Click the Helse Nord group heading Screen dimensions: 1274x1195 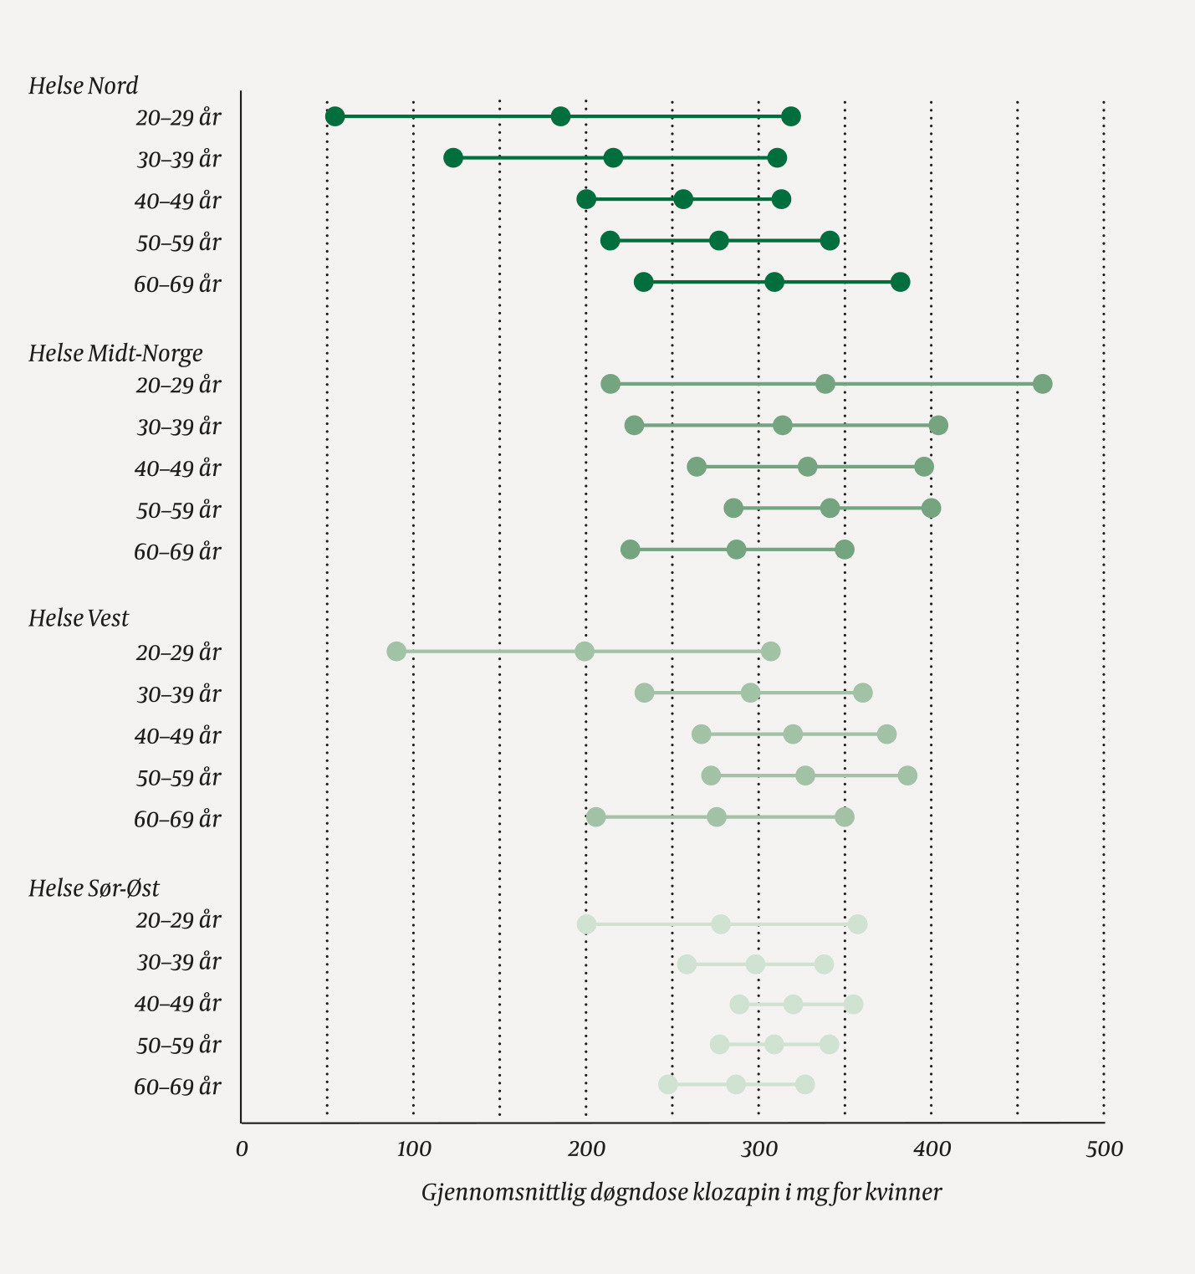click(x=83, y=86)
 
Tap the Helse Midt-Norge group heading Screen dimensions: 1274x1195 click(x=115, y=354)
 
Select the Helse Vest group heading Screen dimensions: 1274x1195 click(x=79, y=619)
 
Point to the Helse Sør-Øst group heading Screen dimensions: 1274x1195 click(x=94, y=888)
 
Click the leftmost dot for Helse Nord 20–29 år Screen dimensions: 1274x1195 click(x=334, y=116)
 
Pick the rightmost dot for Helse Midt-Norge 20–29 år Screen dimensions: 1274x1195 click(x=1042, y=384)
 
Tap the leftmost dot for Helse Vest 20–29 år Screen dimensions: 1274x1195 click(x=396, y=652)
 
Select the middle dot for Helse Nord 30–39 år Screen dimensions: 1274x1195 click(x=613, y=158)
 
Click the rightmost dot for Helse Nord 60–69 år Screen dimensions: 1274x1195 click(x=900, y=282)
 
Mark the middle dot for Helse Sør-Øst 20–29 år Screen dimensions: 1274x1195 click(x=721, y=924)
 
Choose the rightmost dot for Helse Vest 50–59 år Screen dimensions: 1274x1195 click(x=907, y=775)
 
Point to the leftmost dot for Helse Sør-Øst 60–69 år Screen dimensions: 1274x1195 click(x=667, y=1085)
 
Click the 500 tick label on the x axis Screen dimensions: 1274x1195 click(x=1104, y=1149)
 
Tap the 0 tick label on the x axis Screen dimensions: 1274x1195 click(x=242, y=1149)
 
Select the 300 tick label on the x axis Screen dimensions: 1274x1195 click(x=758, y=1149)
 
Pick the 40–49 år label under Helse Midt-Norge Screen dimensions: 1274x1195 click(x=177, y=468)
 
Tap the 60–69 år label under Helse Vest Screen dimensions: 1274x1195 click(x=177, y=820)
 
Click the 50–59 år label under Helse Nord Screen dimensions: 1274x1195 click(x=178, y=243)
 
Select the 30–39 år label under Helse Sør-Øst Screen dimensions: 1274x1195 click(x=178, y=963)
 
